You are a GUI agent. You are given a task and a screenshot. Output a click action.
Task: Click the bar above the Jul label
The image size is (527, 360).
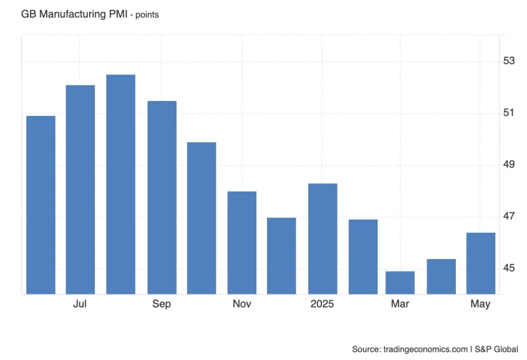point(80,190)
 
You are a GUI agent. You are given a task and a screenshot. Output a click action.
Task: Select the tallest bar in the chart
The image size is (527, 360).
point(121,184)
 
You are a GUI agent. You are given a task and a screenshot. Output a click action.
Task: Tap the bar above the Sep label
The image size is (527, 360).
point(162,198)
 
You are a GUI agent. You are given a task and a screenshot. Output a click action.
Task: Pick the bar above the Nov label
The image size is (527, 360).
point(242,243)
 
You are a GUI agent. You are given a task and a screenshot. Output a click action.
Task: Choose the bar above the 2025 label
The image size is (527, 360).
point(323,239)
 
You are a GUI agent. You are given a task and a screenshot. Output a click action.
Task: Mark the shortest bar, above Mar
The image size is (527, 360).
point(400,283)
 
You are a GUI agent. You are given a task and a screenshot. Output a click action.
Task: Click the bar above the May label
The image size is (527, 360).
point(480,263)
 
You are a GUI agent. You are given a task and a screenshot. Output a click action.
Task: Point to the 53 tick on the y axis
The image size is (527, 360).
point(509,61)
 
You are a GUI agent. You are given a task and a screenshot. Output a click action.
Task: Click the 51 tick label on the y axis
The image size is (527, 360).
point(509,113)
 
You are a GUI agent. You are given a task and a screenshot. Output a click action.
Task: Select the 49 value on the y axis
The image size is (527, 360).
point(509,165)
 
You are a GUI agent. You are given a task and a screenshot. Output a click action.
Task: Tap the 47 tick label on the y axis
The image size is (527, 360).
point(509,216)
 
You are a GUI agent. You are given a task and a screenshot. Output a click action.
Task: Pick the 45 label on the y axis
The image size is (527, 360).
point(509,268)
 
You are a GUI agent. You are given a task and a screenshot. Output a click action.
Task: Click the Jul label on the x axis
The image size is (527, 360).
point(80,304)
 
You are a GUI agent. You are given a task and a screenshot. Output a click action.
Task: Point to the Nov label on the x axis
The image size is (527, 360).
point(242,304)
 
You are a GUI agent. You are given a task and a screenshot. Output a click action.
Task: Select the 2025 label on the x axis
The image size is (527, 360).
point(323,304)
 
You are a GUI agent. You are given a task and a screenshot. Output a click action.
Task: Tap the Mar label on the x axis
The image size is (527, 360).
point(400,304)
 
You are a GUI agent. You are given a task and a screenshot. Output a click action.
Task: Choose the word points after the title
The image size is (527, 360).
point(146,14)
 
